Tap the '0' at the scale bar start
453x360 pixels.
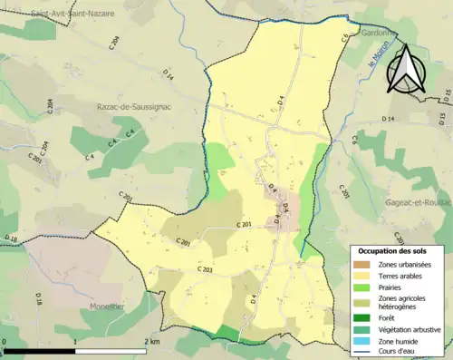[5, 342]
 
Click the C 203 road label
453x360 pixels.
[204, 270]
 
